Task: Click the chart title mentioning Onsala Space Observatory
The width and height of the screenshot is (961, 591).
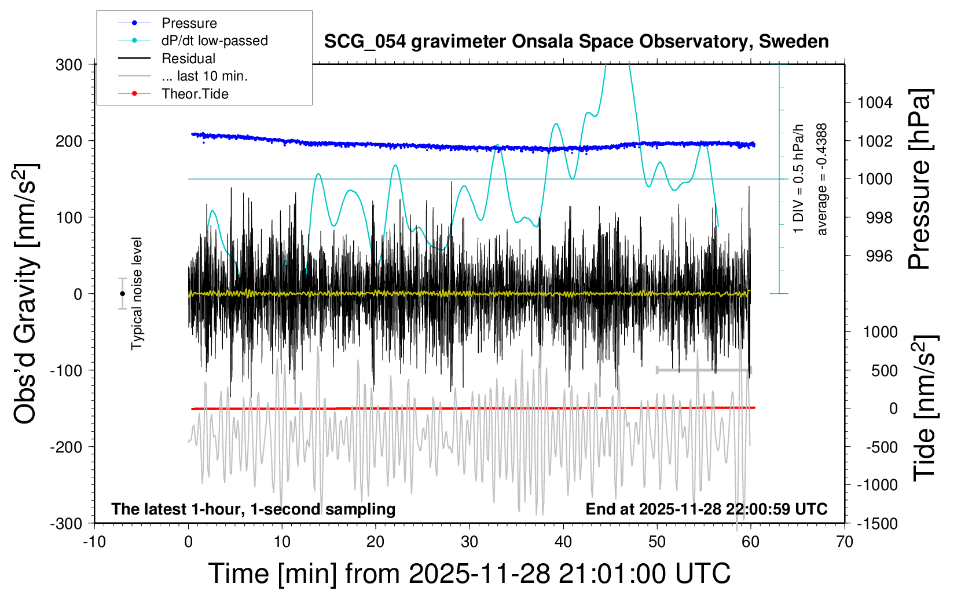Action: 576,42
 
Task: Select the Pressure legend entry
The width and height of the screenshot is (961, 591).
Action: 189,23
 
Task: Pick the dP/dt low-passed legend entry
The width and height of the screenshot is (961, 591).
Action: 214,41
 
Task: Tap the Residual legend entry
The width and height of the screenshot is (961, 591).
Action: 188,59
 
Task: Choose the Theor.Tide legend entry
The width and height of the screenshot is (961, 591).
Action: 195,94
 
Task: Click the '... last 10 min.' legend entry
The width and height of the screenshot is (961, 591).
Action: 204,76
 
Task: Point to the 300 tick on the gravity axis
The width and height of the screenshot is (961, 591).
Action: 69,64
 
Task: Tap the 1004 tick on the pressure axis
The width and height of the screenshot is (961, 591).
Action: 875,103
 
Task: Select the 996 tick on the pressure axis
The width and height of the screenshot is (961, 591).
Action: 879,256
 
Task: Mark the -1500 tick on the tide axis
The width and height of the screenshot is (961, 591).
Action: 877,523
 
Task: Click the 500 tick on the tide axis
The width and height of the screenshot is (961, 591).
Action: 884,370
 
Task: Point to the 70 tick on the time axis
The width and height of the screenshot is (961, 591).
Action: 845,542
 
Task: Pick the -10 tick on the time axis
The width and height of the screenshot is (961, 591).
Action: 94,542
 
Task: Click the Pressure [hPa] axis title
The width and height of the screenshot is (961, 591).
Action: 920,180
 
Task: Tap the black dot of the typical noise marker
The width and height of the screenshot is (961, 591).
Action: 122,294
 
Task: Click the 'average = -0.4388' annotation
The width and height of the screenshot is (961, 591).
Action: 821,180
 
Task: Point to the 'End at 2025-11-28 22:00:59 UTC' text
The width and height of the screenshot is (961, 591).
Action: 706,509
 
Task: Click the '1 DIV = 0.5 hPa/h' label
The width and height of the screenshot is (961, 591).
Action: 799,180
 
